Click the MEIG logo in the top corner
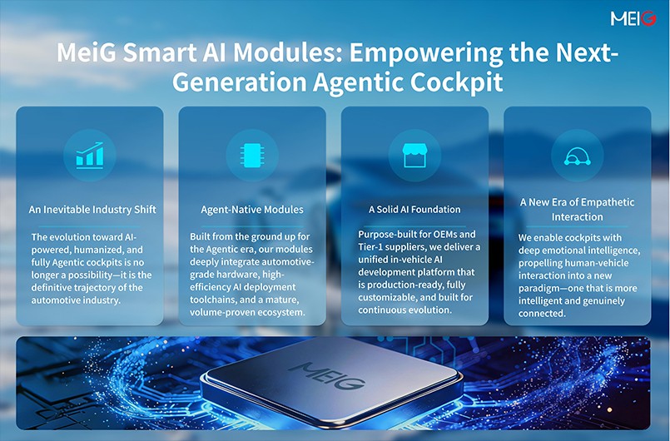[x=633, y=18]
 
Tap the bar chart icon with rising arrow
[x=89, y=155]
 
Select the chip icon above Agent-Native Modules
[x=251, y=155]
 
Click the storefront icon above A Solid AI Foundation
[x=414, y=155]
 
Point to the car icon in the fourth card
[x=577, y=155]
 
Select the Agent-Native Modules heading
[x=251, y=210]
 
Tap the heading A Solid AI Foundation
[x=414, y=209]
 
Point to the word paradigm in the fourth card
[x=543, y=289]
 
